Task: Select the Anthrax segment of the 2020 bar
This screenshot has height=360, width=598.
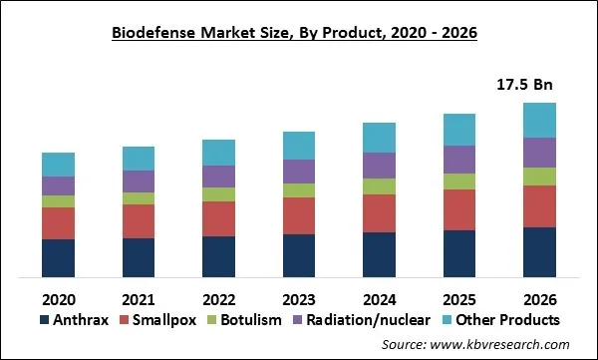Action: click(58, 257)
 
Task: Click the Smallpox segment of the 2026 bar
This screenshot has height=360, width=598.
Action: click(539, 206)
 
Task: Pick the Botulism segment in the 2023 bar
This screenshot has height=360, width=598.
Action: click(299, 190)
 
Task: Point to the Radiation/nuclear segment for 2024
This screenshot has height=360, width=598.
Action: click(379, 166)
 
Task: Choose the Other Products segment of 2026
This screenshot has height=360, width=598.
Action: click(539, 120)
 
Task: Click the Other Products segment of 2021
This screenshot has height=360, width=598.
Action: click(139, 159)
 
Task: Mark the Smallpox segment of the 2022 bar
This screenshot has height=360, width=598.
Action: click(218, 218)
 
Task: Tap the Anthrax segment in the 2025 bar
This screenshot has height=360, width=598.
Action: click(459, 253)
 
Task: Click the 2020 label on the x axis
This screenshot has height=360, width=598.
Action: click(58, 297)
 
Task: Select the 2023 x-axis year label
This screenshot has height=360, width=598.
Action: click(299, 297)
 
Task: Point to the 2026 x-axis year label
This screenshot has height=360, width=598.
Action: click(539, 297)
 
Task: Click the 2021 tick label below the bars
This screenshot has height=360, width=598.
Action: click(139, 297)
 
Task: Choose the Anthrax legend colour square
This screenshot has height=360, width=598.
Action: click(44, 320)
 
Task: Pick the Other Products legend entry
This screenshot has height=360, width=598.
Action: click(503, 320)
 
